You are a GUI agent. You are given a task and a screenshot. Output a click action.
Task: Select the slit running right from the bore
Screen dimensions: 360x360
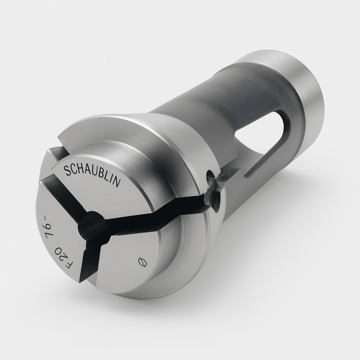(156, 211)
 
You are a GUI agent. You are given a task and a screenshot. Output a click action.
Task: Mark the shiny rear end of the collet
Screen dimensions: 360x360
(300, 96)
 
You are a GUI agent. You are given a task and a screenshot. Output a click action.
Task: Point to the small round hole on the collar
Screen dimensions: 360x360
(210, 179)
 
